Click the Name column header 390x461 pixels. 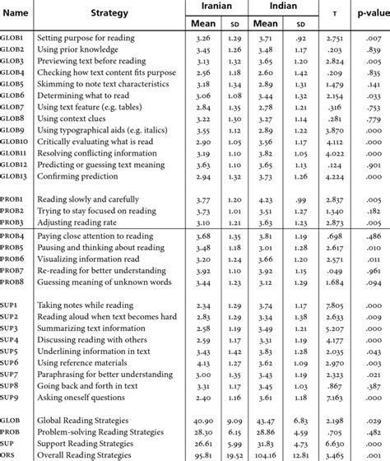(x=17, y=14)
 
